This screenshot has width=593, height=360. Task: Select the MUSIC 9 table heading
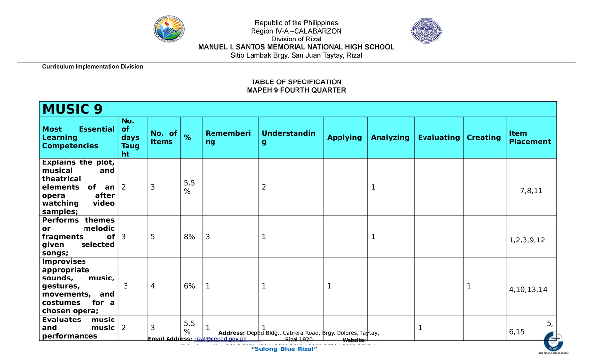[x=73, y=109]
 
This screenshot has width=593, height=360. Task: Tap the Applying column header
[x=344, y=137]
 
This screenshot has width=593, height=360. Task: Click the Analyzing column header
[x=390, y=137]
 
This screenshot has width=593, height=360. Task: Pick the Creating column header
[x=484, y=137]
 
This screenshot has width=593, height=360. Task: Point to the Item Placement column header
[x=530, y=137]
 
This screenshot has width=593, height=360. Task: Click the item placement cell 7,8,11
[x=531, y=191]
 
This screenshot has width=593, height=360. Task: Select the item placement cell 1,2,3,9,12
[x=530, y=240]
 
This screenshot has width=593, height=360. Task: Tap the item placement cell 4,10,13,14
[x=528, y=290]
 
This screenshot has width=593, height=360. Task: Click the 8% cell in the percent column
[x=188, y=237]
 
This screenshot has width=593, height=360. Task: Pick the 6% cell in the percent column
[x=188, y=286]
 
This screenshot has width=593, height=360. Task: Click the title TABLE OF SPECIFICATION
[x=296, y=82]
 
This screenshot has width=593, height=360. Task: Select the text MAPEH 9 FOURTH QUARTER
[x=296, y=90]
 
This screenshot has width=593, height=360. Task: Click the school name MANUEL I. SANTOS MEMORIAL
[x=296, y=47]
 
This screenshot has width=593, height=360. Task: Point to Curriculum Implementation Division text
[x=93, y=66]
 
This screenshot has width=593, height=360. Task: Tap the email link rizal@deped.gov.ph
[x=220, y=339]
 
